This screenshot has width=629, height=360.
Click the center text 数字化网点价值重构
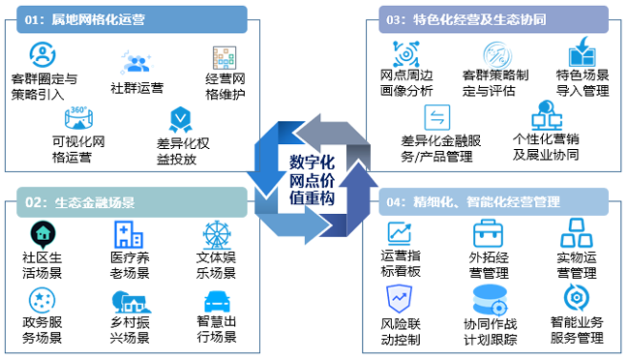click(x=312, y=180)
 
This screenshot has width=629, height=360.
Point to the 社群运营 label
click(x=136, y=88)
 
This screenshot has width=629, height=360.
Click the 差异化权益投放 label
click(x=182, y=152)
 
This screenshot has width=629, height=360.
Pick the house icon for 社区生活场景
click(x=42, y=233)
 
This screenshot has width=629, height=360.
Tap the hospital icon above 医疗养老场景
click(x=129, y=233)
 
